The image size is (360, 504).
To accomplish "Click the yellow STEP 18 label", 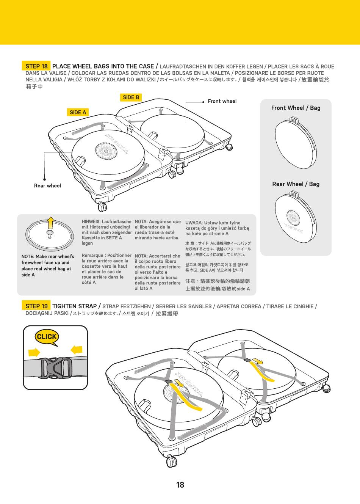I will [36, 66].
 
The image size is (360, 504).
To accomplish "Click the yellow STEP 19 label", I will [36, 306].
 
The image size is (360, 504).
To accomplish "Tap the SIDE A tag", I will [78, 112].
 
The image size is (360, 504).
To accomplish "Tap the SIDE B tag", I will [131, 97].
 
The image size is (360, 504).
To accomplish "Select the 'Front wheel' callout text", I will [222, 101].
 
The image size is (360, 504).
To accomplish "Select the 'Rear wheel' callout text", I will [47, 185].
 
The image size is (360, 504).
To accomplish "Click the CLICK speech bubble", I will [47, 337].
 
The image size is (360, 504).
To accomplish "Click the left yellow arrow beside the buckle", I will [34, 352].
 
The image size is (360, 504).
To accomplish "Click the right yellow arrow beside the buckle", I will [77, 349].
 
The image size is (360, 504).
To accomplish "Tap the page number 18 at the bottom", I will [180, 485].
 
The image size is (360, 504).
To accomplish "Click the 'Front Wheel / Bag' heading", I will [296, 108].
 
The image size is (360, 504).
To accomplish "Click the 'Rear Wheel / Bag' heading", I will [296, 184].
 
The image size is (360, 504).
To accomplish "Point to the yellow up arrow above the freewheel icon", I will [51, 222].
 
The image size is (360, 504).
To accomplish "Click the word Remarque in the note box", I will [93, 256].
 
